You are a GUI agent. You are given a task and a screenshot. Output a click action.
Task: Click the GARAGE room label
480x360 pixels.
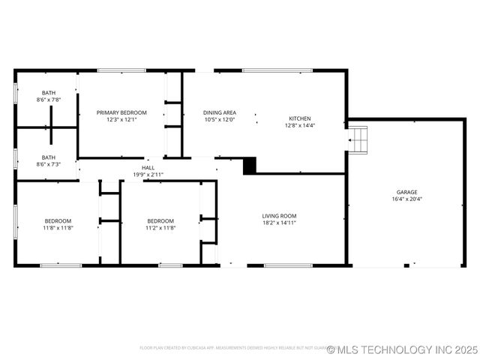[407, 192]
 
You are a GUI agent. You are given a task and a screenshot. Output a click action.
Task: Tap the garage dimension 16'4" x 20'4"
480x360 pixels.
[407, 199]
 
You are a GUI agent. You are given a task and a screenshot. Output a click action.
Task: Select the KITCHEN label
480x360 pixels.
[300, 118]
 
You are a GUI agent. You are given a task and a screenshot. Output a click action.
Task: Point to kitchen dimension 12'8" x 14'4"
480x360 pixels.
[300, 126]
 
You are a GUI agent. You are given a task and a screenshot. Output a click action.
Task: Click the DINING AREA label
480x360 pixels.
[219, 112]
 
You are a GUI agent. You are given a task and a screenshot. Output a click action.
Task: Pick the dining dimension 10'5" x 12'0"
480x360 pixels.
[219, 120]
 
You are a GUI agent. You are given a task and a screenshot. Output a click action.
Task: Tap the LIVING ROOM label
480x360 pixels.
[279, 215]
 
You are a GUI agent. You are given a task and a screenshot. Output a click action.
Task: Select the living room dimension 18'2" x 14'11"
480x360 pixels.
[279, 223]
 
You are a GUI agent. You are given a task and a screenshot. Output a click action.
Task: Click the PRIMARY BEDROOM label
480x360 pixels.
[121, 112]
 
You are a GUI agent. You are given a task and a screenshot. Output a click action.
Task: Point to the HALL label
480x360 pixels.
[148, 167]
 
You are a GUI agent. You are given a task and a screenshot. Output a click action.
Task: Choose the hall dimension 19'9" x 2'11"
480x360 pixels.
[148, 174]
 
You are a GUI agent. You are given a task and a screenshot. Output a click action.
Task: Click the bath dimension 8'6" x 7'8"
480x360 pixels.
[48, 100]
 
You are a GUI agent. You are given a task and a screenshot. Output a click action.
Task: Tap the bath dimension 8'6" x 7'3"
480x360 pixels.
[48, 164]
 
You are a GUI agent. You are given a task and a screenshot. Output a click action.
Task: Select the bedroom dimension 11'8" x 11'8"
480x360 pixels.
[58, 228]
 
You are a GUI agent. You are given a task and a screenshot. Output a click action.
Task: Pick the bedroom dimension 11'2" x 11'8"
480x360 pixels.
[160, 228]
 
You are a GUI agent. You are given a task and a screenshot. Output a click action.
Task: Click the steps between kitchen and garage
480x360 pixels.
[358, 139]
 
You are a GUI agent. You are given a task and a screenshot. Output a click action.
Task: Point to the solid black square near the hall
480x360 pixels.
[250, 165]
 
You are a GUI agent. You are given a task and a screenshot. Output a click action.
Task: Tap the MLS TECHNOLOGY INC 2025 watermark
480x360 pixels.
[402, 349]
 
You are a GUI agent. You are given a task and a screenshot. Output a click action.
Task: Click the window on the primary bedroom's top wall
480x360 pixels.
[121, 71]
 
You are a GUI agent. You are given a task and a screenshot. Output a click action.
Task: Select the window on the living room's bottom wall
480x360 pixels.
[288, 265]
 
